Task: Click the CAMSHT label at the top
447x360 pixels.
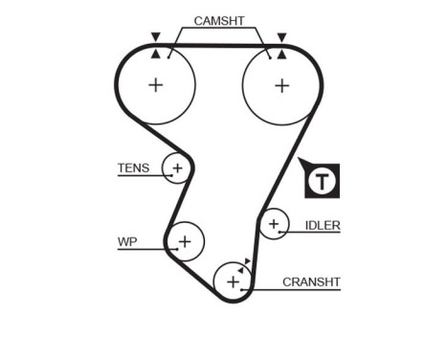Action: coord(218,20)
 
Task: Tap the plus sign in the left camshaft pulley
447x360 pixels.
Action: coord(155,84)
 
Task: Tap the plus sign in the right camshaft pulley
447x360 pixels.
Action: coord(280,84)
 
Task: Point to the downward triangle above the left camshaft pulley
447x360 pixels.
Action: coord(155,37)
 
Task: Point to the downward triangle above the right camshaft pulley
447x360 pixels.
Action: coord(281,37)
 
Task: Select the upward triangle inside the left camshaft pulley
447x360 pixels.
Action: coord(155,54)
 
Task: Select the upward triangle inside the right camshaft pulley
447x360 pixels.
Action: coord(281,54)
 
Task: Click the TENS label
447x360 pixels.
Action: coord(133,169)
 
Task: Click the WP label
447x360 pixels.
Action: coord(127,242)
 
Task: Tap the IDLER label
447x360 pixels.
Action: coord(323,226)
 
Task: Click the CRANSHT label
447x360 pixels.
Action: coord(311,282)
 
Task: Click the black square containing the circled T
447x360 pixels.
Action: coord(324,180)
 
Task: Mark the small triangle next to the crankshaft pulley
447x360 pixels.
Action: coord(247,260)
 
